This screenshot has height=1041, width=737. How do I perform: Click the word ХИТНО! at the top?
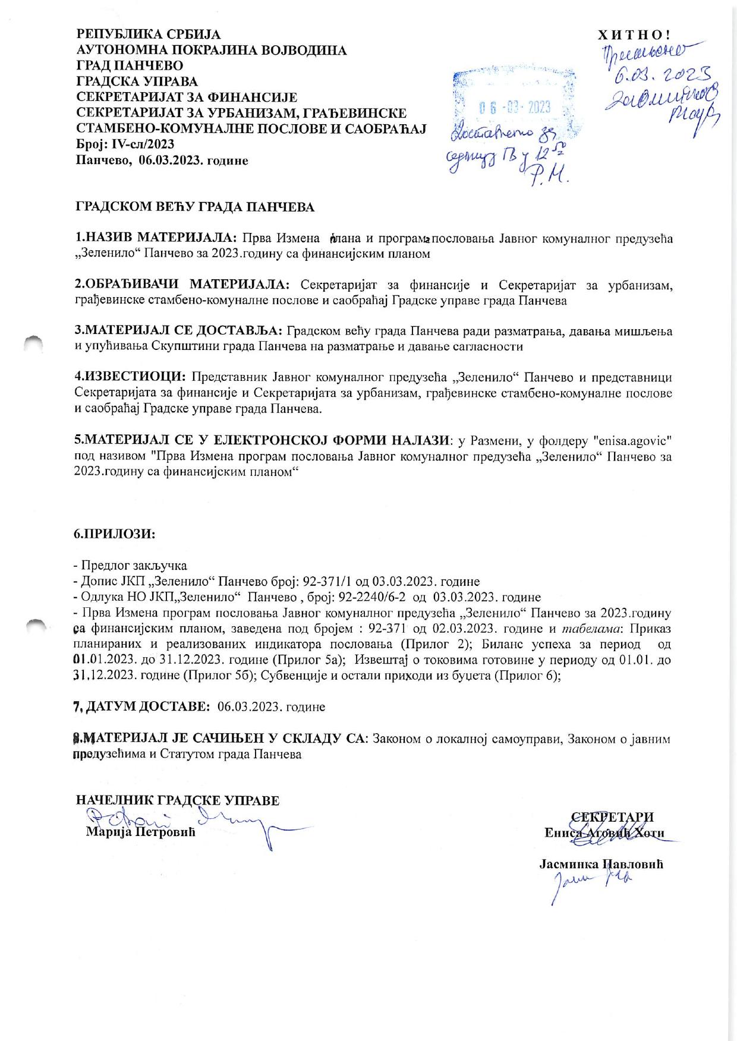click(x=634, y=35)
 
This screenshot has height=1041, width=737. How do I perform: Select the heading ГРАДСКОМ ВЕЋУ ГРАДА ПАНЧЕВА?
click(x=194, y=207)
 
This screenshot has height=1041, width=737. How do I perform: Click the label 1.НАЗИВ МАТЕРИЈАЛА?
click(x=156, y=238)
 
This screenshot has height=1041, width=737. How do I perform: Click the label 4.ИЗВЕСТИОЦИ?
click(x=131, y=377)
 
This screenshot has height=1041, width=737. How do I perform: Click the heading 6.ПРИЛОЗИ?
click(x=115, y=533)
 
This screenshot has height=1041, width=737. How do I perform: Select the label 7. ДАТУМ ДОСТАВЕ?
click(x=140, y=707)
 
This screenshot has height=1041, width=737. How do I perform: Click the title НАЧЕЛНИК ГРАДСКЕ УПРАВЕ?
click(x=178, y=800)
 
